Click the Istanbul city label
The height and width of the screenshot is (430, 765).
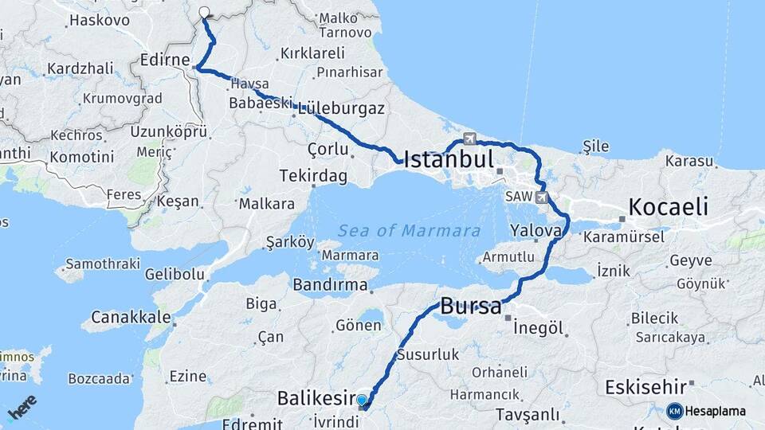coord(449,159)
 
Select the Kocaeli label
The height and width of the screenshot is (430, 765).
coord(668,208)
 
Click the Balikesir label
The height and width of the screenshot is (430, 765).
coord(315,397)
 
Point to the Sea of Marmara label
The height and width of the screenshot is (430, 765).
coord(409,231)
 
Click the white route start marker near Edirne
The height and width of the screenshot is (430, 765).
coord(204,13)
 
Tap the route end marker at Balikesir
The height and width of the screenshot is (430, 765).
coord(363,401)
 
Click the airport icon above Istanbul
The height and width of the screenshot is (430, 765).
coord(469,139)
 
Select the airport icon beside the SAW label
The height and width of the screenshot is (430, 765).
coord(543,197)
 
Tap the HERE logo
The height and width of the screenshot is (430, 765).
coord(22,408)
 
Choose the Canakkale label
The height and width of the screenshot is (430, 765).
coord(131,318)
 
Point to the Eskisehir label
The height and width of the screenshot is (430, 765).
coord(645,387)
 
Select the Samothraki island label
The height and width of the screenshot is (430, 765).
coord(101,263)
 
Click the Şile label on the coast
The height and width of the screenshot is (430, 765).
coord(595,147)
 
